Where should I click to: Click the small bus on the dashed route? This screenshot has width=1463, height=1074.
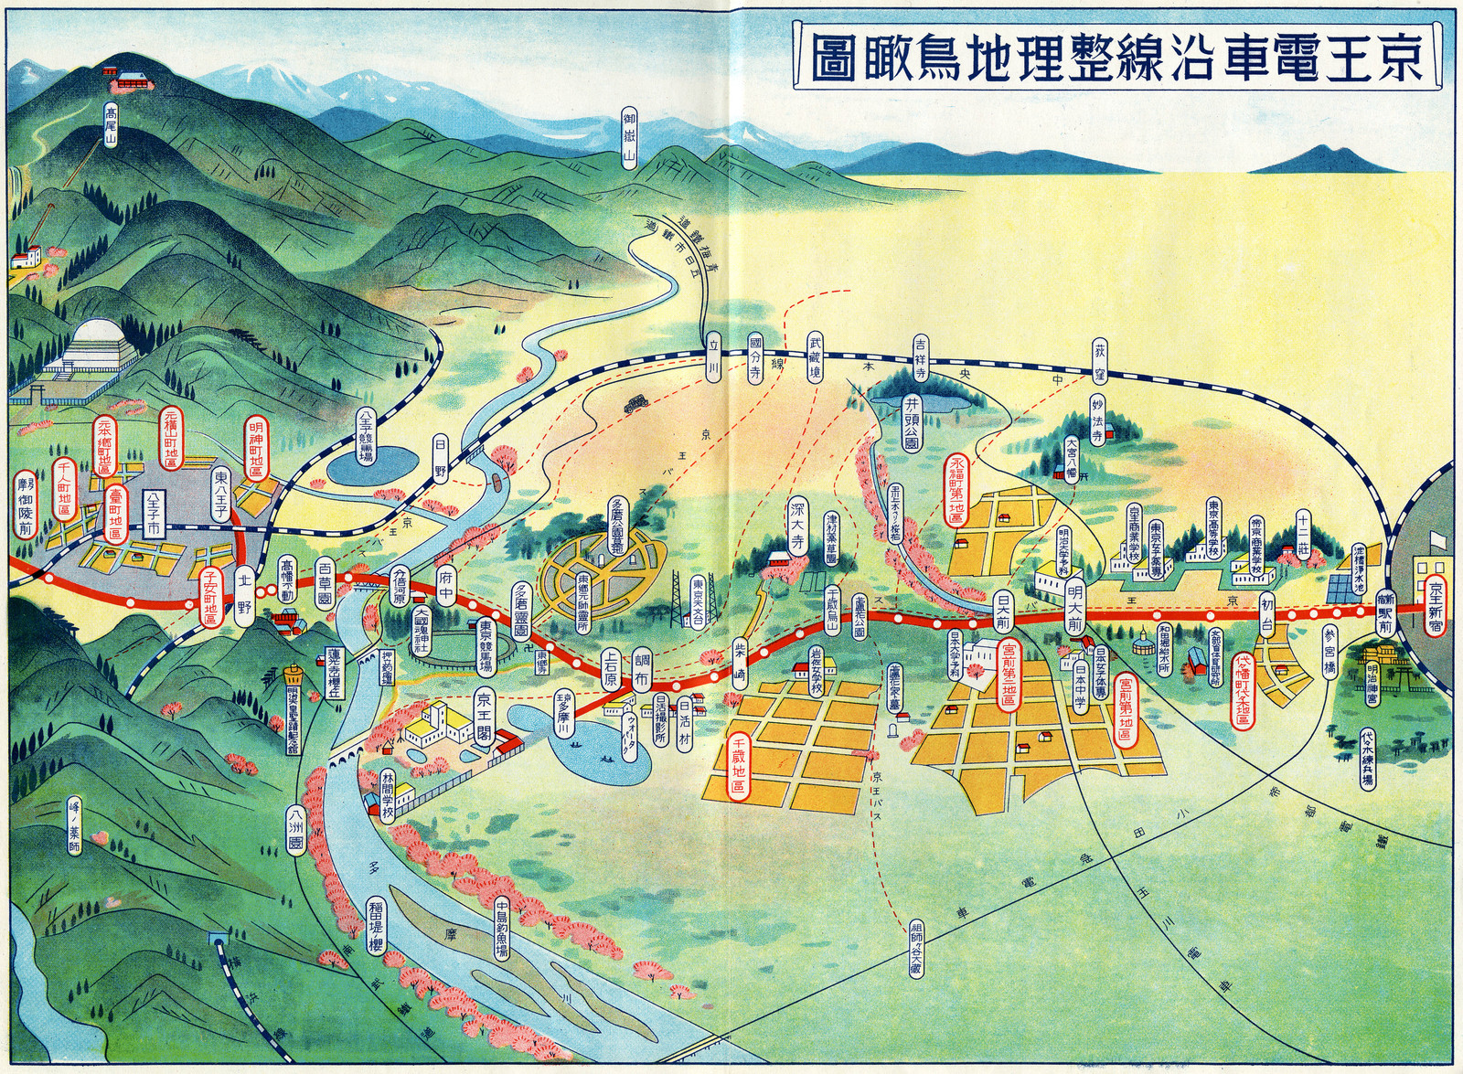[633, 403]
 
